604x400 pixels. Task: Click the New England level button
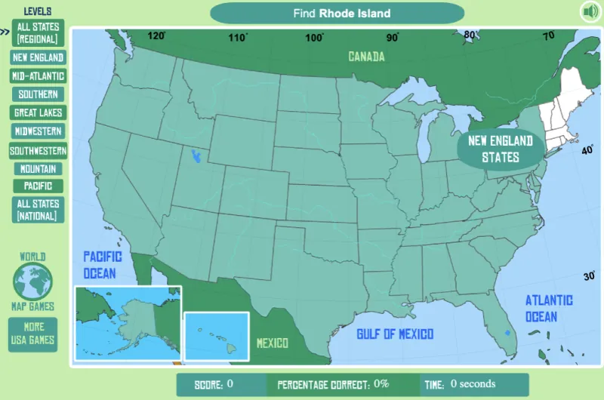pos(38,57)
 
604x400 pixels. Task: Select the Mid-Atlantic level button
pos(38,76)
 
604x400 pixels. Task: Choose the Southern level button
pos(38,94)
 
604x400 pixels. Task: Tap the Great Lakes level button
pos(38,112)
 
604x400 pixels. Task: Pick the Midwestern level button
pos(38,131)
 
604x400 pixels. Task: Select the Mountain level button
pos(38,169)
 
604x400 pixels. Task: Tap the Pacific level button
pos(38,186)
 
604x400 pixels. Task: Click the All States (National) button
pos(38,210)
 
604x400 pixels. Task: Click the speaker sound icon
pos(590,11)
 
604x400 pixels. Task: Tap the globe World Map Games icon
pos(32,281)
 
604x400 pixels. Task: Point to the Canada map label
pos(366,57)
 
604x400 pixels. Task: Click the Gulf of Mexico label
pos(395,334)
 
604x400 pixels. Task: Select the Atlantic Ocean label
pos(549,308)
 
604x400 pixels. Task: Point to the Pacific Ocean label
pos(99,264)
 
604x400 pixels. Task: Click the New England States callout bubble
pos(501,149)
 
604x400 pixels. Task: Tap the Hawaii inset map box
pos(217,335)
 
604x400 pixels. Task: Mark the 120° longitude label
pos(157,35)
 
